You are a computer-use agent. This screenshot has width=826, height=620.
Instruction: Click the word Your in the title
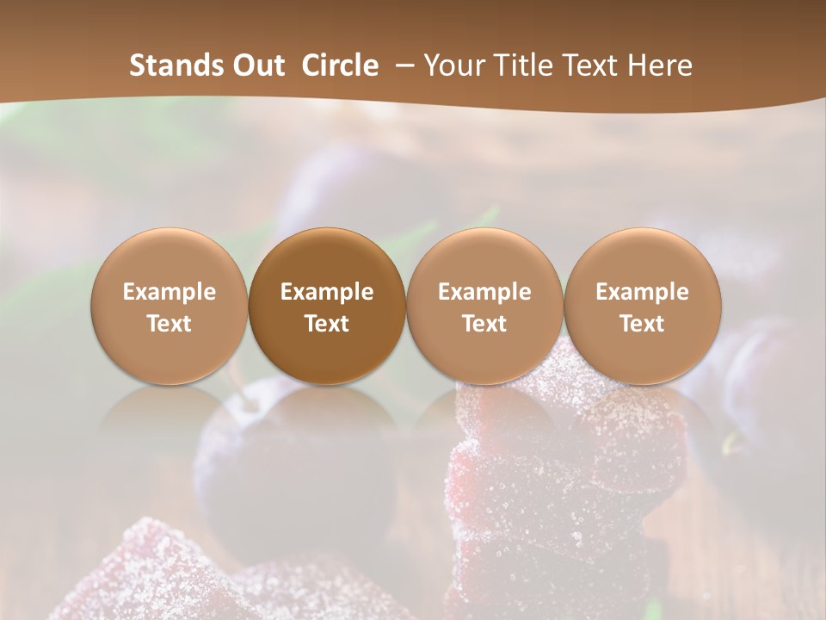click(451, 65)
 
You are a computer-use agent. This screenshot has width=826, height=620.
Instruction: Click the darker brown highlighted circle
click(327, 306)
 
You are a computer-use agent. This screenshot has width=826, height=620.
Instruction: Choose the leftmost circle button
click(169, 306)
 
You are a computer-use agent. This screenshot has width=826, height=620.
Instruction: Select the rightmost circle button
click(643, 306)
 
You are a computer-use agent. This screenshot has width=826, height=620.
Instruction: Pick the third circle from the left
click(484, 306)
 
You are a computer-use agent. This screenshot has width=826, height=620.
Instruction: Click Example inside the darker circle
click(327, 292)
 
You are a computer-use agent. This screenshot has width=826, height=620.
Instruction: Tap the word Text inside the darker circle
click(327, 324)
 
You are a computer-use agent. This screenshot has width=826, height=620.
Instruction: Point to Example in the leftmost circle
click(169, 292)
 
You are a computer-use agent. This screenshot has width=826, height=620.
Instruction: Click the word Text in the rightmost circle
click(643, 324)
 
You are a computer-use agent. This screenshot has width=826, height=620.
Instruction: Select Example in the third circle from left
click(484, 292)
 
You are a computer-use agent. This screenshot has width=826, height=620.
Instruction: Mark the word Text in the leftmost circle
click(169, 324)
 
